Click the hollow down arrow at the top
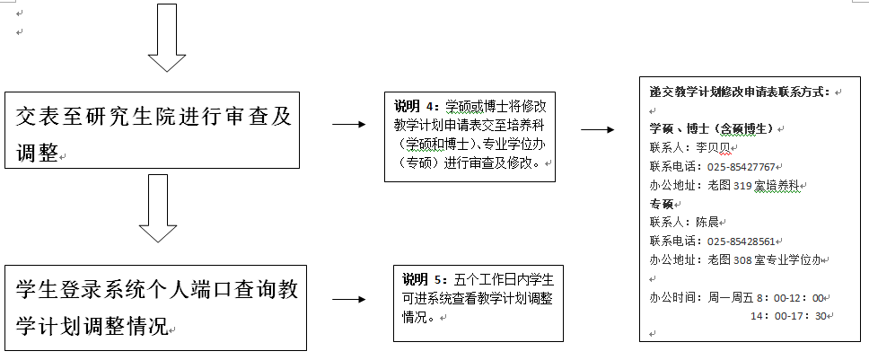pyautogui.click(x=167, y=37)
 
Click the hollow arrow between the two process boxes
pyautogui.click(x=158, y=208)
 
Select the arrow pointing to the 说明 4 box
pyautogui.click(x=349, y=125)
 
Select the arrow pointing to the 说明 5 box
pyautogui.click(x=349, y=299)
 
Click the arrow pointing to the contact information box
pyautogui.click(x=598, y=129)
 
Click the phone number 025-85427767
pyautogui.click(x=741, y=167)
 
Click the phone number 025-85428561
pyautogui.click(x=741, y=241)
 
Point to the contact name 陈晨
pyautogui.click(x=707, y=223)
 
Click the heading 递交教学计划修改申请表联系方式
pyautogui.click(x=740, y=92)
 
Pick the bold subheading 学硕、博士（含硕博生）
pyautogui.click(x=712, y=129)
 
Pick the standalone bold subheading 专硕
pyautogui.click(x=661, y=204)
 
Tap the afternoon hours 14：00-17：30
pyautogui.click(x=788, y=316)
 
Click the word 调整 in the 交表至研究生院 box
pyautogui.click(x=37, y=154)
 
